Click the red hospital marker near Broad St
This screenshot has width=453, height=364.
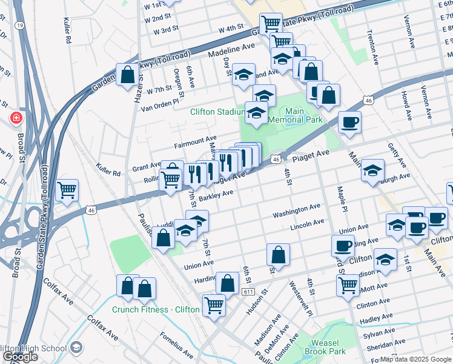[x=15, y=118]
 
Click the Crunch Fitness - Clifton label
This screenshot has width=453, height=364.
[x=156, y=309]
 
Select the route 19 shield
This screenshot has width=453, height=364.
[x=20, y=25]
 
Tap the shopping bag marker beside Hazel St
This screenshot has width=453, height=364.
[x=128, y=76]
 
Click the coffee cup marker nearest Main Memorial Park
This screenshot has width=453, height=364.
[x=349, y=123]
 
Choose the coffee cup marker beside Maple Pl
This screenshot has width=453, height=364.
[x=343, y=246]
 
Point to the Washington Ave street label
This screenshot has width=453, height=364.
[x=296, y=210]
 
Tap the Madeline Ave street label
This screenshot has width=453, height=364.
[x=232, y=50]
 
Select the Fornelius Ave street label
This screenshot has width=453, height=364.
[x=176, y=345]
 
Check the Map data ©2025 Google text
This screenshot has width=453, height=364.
[x=415, y=359]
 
